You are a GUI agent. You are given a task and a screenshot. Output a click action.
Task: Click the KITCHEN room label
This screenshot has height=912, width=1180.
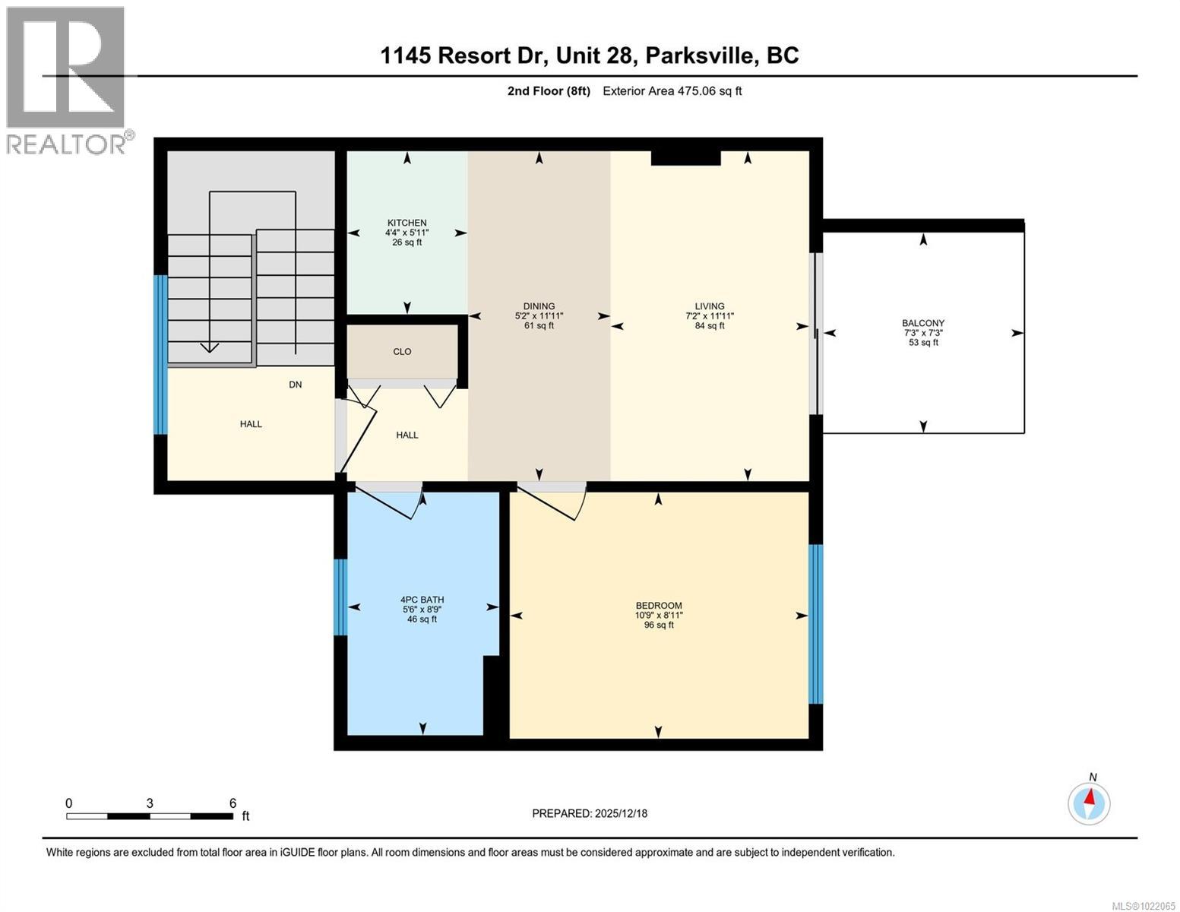click(407, 223)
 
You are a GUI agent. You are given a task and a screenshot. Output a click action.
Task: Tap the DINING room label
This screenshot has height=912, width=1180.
click(539, 306)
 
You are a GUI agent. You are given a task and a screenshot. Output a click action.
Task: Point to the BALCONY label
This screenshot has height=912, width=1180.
click(923, 323)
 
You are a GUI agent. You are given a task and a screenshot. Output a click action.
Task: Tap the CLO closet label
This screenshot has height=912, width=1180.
click(402, 351)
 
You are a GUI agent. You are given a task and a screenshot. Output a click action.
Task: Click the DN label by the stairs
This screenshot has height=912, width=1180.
click(295, 385)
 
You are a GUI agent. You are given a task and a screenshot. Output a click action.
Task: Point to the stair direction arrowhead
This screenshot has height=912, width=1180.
click(209, 348)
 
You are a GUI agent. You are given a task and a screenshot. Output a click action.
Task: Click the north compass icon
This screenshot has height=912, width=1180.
click(1089, 803)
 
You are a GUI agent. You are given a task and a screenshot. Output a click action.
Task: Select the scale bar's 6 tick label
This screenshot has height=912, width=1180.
click(233, 803)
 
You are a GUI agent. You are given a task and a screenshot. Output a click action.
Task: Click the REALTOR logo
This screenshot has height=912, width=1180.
click(67, 80)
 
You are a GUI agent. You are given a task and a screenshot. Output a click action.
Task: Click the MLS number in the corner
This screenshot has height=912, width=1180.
click(1142, 904)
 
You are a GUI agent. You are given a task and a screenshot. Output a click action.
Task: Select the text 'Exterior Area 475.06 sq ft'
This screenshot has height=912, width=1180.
click(672, 91)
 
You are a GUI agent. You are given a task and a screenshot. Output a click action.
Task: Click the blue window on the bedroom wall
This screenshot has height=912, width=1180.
click(815, 624)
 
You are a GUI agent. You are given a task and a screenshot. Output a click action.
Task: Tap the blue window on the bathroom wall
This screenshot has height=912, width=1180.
click(340, 597)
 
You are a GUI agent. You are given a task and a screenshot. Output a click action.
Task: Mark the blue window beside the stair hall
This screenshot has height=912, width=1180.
click(160, 354)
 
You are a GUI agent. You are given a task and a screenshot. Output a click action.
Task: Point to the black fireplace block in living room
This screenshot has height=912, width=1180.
click(685, 158)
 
